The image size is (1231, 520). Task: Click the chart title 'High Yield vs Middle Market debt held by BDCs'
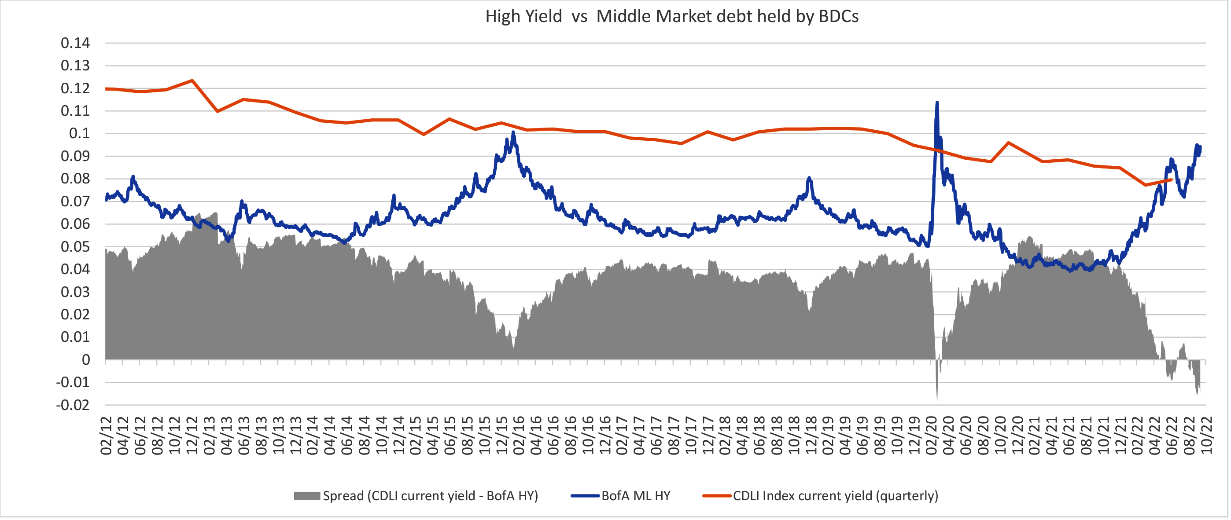pos(671,17)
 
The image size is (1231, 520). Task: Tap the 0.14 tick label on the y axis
pos(75,43)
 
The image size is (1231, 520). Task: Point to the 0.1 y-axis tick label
pos(79,134)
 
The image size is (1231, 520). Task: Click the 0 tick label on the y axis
pos(85,360)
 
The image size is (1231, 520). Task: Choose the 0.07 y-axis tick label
pos(75,201)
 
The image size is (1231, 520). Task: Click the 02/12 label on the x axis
pos(106,436)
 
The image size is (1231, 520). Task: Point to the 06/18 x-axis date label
pos(759,436)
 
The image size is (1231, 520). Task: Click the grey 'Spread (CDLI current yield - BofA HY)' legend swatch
pos(306,496)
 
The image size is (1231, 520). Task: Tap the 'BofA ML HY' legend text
pos(636,496)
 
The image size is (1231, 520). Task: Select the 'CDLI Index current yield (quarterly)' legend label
pos(835,496)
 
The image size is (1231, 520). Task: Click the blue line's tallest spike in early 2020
pos(936,103)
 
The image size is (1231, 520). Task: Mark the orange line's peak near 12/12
pos(192,80)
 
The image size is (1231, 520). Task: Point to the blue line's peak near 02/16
pos(513,132)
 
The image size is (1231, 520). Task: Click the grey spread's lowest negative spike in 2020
pos(936,400)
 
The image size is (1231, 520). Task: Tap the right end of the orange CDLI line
pos(1171,179)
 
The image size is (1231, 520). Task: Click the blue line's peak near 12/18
pos(809,178)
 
